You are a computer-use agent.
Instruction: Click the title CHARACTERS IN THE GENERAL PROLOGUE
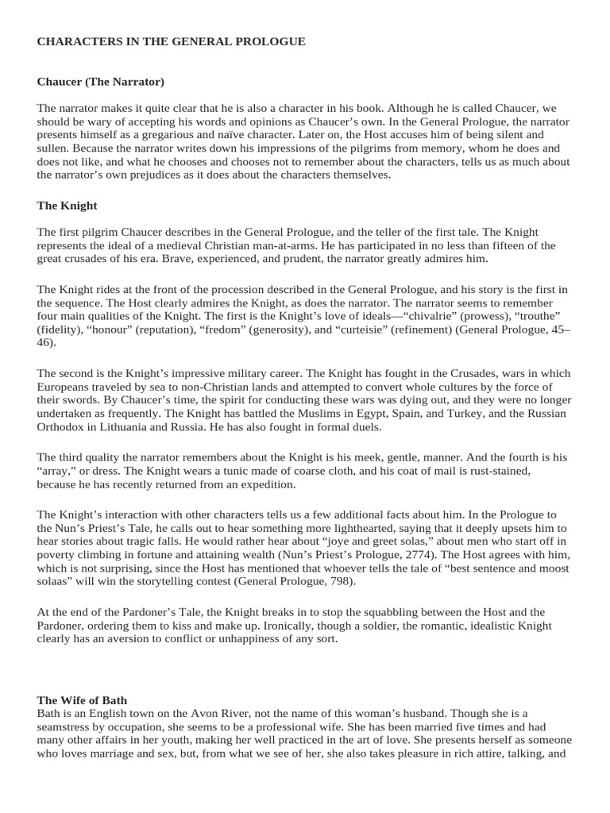click(171, 42)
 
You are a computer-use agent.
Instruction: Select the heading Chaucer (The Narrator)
click(100, 82)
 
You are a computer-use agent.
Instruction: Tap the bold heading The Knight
click(67, 206)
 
